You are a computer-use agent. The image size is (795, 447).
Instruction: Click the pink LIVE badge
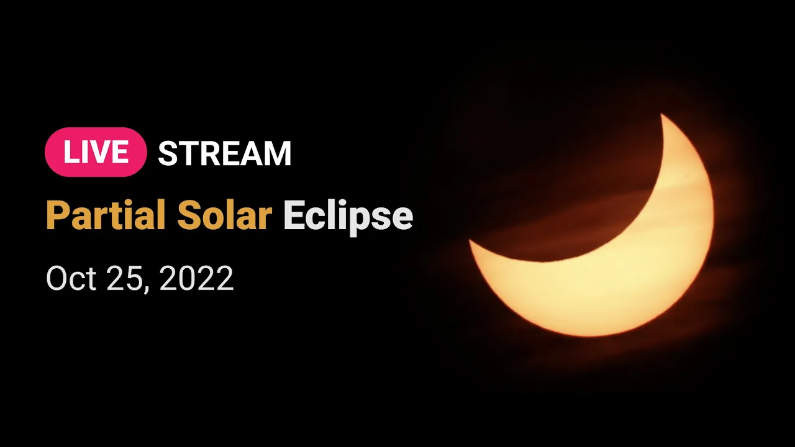click(96, 152)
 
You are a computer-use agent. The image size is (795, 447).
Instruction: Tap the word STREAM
click(225, 153)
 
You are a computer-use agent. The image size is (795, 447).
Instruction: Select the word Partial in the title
click(106, 215)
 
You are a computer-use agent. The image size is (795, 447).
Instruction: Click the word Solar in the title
click(224, 215)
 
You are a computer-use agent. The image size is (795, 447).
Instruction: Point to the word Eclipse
click(348, 217)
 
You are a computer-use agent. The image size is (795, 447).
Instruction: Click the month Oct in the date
click(71, 279)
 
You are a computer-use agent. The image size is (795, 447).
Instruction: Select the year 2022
click(197, 279)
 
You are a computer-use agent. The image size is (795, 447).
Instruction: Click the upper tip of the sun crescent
click(661, 114)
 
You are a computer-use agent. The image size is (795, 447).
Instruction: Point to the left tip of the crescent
click(470, 240)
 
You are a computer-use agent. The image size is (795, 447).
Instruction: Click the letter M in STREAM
click(277, 153)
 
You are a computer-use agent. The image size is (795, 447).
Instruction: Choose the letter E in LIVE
click(120, 152)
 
